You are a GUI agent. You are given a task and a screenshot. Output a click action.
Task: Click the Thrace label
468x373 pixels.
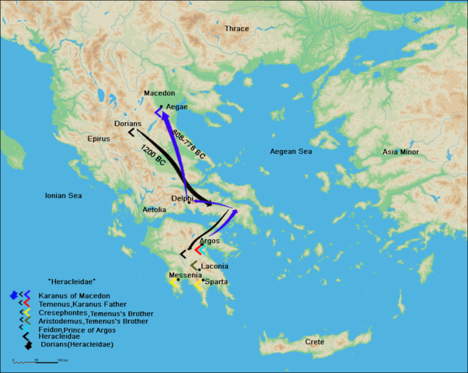point(236,29)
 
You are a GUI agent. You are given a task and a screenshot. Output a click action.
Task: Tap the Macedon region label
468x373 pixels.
point(159,93)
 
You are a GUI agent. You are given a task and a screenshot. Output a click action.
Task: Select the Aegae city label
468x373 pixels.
point(177,106)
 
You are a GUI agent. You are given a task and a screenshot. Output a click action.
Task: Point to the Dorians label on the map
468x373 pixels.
point(127,124)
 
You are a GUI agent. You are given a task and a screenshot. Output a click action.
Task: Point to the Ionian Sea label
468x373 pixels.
point(63,196)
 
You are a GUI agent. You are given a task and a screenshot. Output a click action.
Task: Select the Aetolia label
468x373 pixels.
point(154,210)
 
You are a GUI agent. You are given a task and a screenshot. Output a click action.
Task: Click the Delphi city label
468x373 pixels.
point(181,198)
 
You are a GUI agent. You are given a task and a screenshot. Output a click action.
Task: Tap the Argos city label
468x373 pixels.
point(209,241)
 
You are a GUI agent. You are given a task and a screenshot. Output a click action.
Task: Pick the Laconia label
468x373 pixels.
point(214,267)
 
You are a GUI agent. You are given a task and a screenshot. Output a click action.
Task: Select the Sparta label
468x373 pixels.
point(216,281)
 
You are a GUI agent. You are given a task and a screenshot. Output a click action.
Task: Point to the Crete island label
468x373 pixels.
point(315,342)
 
